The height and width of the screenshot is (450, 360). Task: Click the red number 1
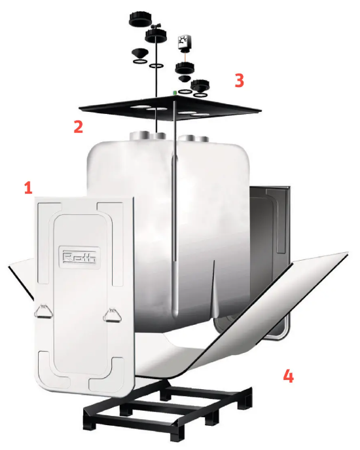click(28, 189)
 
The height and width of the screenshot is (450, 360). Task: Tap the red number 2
click(79, 126)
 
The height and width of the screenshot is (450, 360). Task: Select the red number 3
click(239, 81)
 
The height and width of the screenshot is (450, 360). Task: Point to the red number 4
click(288, 376)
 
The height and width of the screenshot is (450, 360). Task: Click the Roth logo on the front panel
click(79, 257)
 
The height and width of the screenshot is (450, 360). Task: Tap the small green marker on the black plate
click(174, 92)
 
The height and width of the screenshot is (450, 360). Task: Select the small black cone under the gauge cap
click(183, 79)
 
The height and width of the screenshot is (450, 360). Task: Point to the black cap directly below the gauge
click(185, 69)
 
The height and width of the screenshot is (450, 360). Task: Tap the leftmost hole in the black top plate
click(137, 107)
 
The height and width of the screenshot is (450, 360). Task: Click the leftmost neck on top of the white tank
click(138, 136)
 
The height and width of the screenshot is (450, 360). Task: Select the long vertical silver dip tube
click(174, 206)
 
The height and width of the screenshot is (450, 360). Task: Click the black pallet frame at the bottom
click(168, 411)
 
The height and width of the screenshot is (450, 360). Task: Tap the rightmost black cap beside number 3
click(200, 85)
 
